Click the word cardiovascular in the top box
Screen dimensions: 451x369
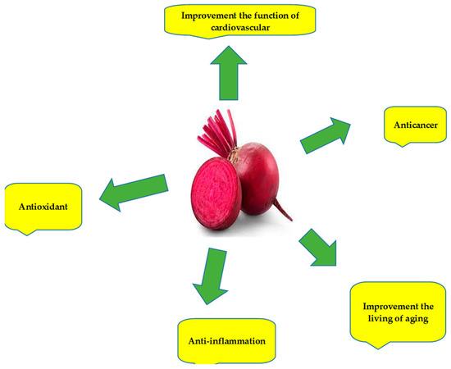point(240,28)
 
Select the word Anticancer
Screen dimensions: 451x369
point(416,125)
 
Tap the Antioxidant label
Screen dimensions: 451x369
point(43,207)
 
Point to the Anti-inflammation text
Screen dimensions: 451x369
point(226,341)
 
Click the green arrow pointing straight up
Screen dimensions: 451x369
point(229,73)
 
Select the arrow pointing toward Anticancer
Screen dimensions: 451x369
point(326,135)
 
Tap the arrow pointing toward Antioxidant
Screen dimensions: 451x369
point(134,193)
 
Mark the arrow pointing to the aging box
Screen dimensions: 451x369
point(319,248)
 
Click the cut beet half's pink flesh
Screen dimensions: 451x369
point(216,194)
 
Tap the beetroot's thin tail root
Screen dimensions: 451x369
point(282,210)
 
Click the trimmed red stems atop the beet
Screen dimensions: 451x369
point(217,132)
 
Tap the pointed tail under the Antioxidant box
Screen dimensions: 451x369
point(27,232)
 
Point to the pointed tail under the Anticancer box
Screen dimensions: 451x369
point(402,144)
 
